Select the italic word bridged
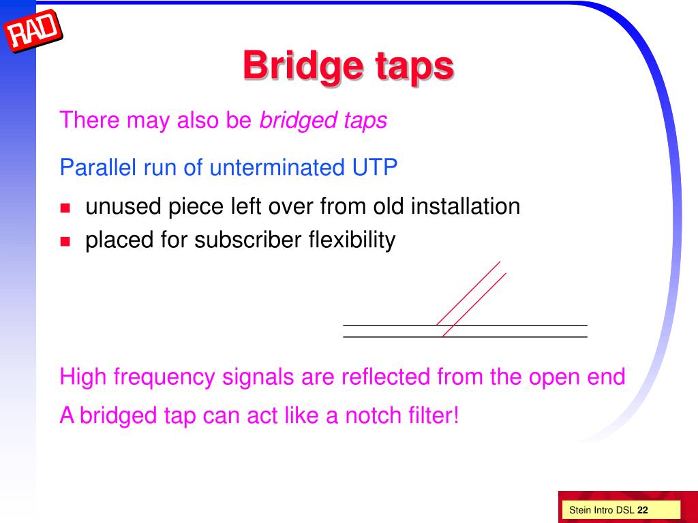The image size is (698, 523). pos(292,121)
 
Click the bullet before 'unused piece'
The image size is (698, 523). pos(65,208)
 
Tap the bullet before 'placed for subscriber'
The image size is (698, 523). pos(65,241)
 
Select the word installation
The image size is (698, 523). pos(465,206)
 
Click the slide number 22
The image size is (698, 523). pos(643,510)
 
